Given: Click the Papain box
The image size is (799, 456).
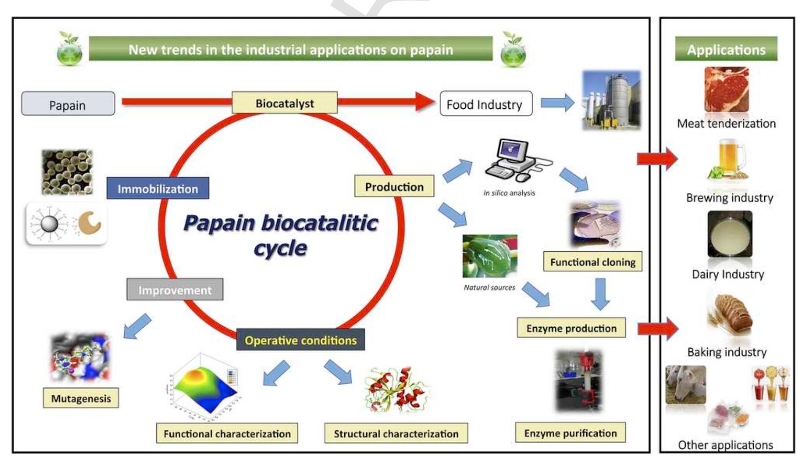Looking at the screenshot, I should (x=68, y=104).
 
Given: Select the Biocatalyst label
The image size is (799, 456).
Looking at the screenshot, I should (x=284, y=103).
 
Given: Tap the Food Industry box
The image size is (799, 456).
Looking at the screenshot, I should (x=485, y=104).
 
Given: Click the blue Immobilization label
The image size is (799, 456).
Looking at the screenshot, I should (x=158, y=188).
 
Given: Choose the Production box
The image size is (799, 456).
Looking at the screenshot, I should (x=394, y=186).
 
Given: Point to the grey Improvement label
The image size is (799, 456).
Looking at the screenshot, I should (x=175, y=290).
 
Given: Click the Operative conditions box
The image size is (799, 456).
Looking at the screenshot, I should (x=300, y=340).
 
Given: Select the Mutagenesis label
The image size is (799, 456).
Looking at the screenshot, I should (x=81, y=398).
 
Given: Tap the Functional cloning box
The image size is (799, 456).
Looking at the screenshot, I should (x=592, y=262).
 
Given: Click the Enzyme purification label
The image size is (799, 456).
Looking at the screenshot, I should (x=570, y=433).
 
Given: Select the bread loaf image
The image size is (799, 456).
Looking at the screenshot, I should (x=729, y=314).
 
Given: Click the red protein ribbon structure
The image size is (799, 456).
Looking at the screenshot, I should (x=395, y=390).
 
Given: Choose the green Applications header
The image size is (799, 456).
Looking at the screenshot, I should (x=726, y=49).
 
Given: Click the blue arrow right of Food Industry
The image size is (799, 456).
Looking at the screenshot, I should (x=557, y=103).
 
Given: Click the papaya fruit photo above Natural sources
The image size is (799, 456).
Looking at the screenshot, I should (x=489, y=256).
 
